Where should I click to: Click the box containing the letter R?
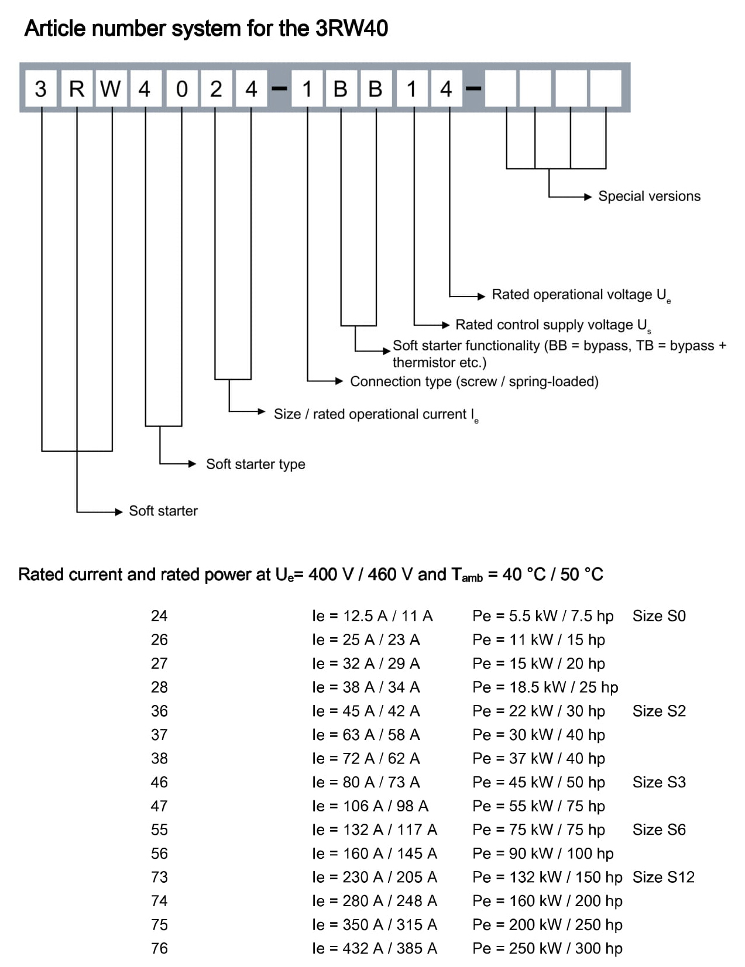pos(77,88)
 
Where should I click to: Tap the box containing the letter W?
pos(111,88)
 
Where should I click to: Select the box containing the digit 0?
pos(181,88)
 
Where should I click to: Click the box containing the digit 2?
pos(217,88)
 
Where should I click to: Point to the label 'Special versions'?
pos(649,196)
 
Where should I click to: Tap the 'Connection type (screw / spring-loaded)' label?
pos(474,381)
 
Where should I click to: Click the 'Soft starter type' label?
pos(256,464)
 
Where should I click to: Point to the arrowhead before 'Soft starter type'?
pos(193,464)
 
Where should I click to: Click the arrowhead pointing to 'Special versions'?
pos(588,197)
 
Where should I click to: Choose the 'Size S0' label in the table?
pos(658,616)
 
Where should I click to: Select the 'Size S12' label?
pos(663,877)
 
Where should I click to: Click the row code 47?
pos(159,806)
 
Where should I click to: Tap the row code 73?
pos(159,877)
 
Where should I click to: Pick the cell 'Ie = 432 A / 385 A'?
pos(375,948)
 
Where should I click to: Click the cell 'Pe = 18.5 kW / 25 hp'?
pos(545,687)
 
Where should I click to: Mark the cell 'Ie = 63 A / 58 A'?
pos(366,735)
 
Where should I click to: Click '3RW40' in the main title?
pos(352,29)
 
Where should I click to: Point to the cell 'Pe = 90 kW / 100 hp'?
pos(543,854)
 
